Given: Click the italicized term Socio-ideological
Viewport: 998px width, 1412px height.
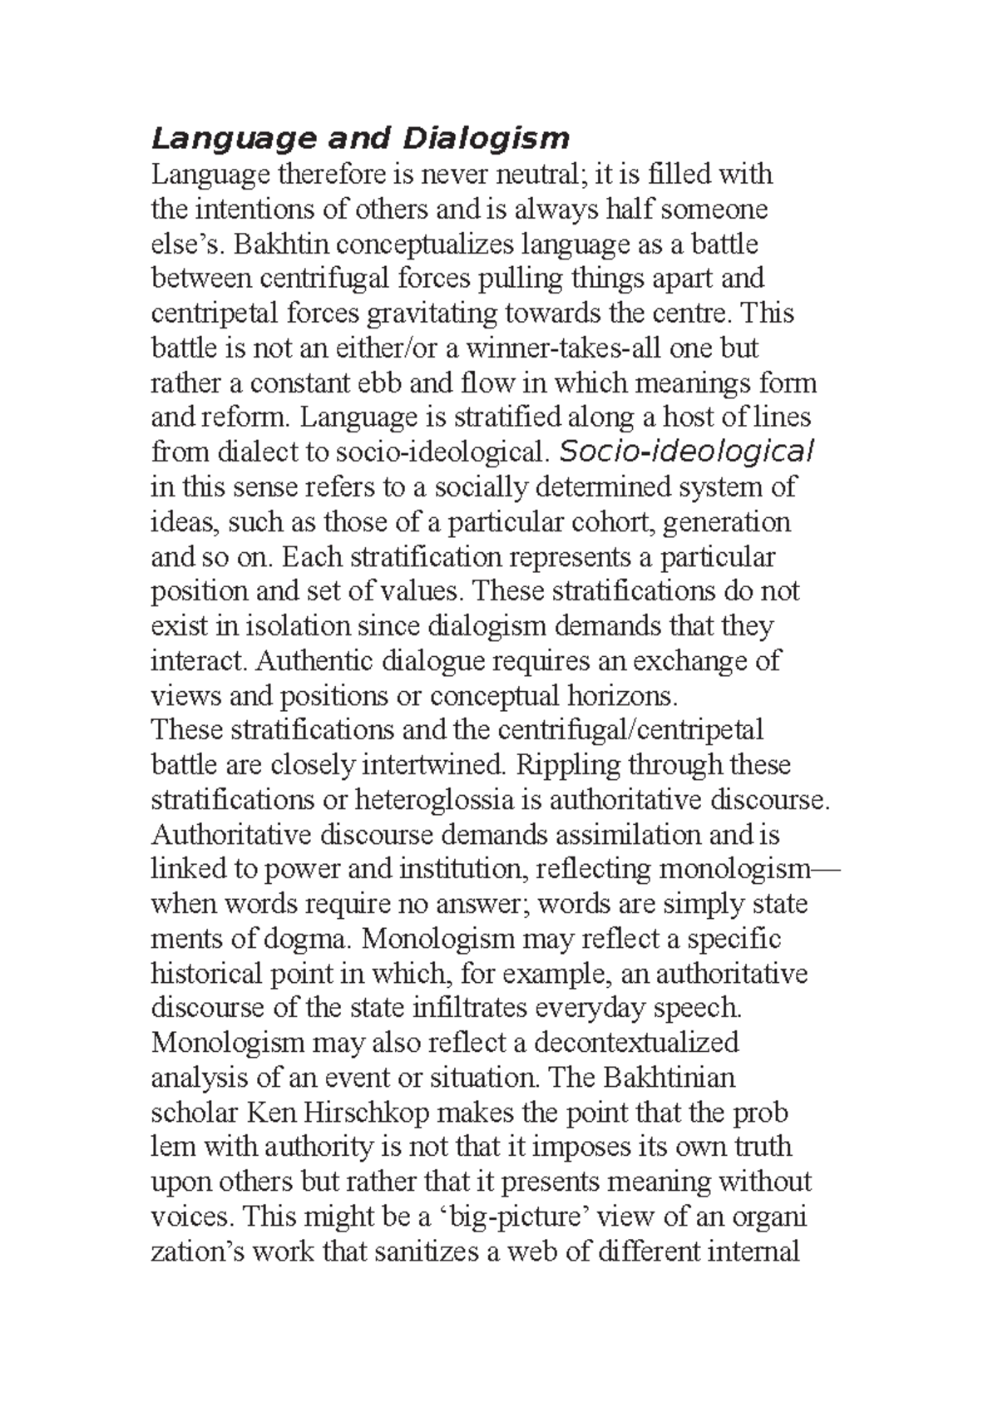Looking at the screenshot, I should [687, 452].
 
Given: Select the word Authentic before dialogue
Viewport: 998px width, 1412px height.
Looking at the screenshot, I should [315, 660].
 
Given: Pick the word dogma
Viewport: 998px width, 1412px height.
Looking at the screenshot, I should [304, 938].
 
